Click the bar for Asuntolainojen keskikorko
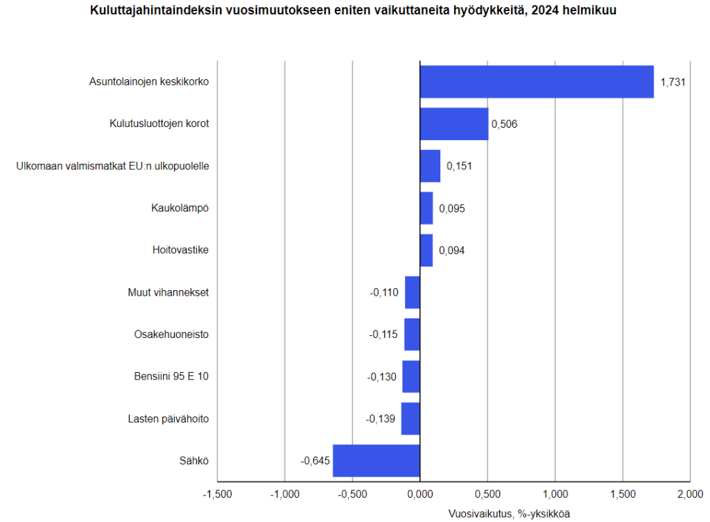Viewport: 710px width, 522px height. click(536, 82)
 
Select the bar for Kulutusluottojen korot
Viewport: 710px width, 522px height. click(454, 124)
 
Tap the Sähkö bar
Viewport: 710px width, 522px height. click(376, 461)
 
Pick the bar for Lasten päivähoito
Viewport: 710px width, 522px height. click(410, 419)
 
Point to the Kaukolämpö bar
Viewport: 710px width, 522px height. click(426, 208)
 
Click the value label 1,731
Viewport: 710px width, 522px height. click(673, 82)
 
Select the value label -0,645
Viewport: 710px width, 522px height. click(313, 461)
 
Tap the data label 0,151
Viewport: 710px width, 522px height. click(459, 167)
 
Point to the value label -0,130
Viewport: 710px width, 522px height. click(382, 377)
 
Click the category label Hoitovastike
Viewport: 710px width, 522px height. click(180, 250)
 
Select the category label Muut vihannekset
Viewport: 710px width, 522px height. click(168, 292)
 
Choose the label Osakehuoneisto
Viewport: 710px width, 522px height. click(171, 335)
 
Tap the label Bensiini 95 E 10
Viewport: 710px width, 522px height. click(171, 377)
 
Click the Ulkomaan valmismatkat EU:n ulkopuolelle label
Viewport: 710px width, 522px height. click(112, 166)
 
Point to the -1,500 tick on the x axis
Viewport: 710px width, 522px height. click(217, 494)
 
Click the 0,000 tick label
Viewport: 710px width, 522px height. click(420, 494)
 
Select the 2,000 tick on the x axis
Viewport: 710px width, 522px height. click(690, 494)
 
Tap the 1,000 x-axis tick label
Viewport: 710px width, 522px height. click(555, 494)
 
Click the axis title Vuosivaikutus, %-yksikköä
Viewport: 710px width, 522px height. click(510, 514)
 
